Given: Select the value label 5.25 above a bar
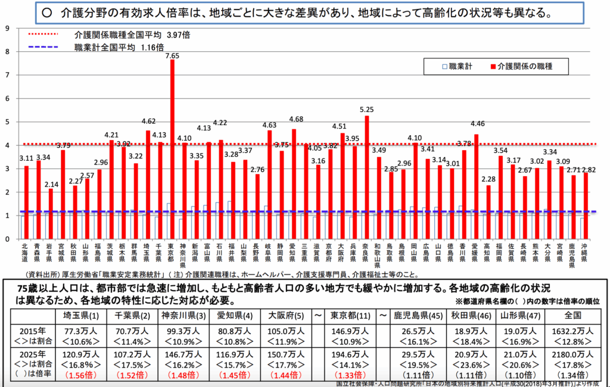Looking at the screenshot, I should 367,110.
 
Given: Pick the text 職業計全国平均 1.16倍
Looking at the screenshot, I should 111,47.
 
